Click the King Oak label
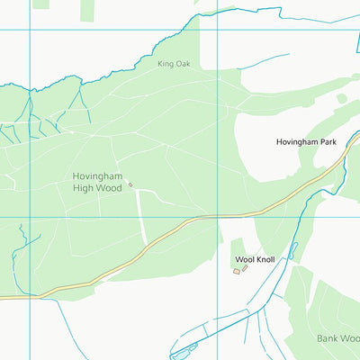(174, 64)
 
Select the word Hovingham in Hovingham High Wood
(97, 175)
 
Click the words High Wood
(97, 188)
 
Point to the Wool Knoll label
(255, 259)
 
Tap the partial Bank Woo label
(338, 338)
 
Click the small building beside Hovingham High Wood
(130, 185)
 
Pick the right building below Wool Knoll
(245, 268)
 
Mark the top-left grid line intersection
(30, 30)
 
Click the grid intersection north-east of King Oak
(217, 30)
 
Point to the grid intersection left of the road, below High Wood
(30, 217)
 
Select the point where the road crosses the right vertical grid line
(217, 216)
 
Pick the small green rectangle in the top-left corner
(40, 4)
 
